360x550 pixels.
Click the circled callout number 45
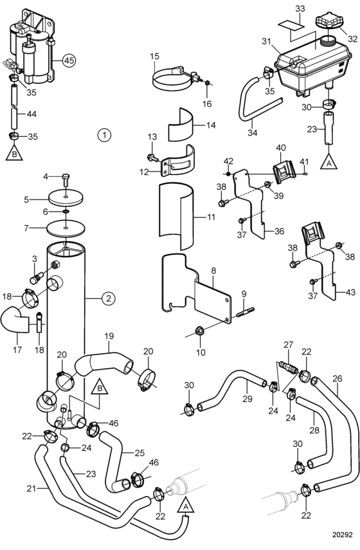[x=69, y=60]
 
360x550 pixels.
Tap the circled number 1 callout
[x=104, y=134]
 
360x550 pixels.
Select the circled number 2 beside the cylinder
[x=108, y=298]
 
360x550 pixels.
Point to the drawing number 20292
[x=342, y=535]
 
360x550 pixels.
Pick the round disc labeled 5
[x=66, y=197]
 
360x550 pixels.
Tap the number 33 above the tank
[x=300, y=8]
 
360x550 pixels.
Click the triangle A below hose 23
[x=328, y=161]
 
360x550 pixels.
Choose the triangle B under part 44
[x=14, y=152]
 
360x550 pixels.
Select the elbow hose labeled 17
[x=16, y=320]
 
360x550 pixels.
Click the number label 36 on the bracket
[x=279, y=232]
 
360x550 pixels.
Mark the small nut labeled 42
[x=229, y=174]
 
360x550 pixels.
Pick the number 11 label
[x=211, y=217]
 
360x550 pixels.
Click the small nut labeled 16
[x=207, y=83]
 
